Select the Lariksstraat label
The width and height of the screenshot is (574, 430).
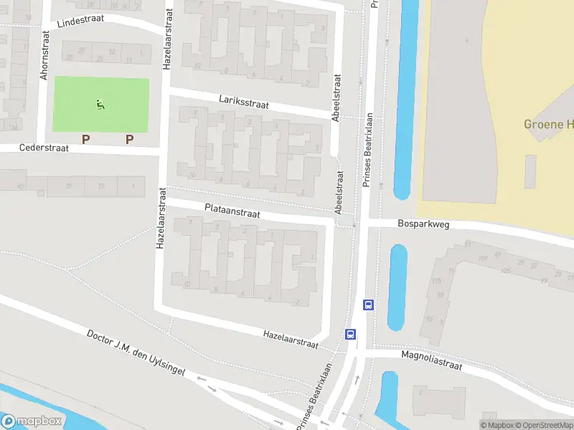(244, 104)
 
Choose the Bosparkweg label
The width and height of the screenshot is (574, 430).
(423, 224)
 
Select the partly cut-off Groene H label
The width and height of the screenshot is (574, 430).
(548, 125)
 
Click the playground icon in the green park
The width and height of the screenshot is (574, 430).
(100, 105)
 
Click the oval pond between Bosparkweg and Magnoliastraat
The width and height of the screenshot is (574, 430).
(397, 287)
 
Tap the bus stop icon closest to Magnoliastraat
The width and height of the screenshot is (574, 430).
(351, 334)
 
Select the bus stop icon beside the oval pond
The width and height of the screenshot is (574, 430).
(368, 305)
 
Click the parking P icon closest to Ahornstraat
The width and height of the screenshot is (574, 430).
(85, 139)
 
